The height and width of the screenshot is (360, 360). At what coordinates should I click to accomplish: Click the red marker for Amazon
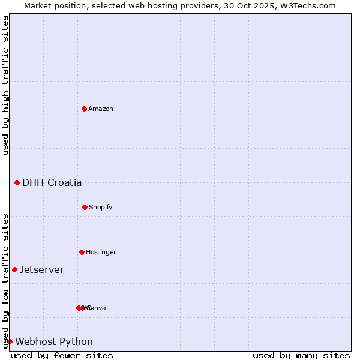[x=84, y=109]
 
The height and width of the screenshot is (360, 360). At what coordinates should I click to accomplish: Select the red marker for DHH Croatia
[x=17, y=182]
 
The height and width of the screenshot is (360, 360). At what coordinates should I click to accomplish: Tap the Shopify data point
[x=85, y=207]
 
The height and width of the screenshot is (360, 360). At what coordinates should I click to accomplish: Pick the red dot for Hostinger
[x=82, y=252]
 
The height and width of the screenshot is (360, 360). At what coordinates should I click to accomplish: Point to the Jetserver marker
[x=14, y=269]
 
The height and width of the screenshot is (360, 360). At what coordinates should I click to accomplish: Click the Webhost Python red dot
[x=10, y=341]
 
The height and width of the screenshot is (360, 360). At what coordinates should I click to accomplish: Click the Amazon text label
[x=101, y=109]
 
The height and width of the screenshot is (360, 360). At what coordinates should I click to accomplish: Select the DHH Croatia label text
[x=52, y=182]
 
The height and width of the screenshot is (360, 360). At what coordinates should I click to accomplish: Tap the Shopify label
[x=101, y=207]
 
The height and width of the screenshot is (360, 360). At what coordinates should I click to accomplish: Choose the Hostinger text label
[x=101, y=252]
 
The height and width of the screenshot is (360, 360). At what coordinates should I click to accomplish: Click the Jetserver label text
[x=41, y=269]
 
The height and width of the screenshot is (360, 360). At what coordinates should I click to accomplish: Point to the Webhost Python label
[x=54, y=341]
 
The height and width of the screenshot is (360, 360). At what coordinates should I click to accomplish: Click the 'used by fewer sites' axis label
[x=62, y=355]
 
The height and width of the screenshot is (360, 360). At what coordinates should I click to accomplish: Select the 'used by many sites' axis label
[x=301, y=355]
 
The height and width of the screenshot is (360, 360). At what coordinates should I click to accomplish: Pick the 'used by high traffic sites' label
[x=5, y=85]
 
